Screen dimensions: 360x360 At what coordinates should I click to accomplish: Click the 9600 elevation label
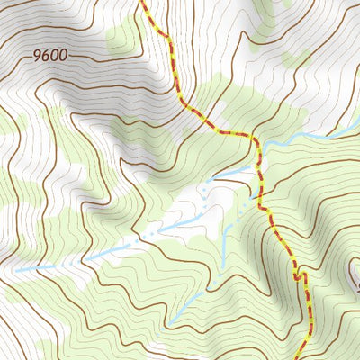50,55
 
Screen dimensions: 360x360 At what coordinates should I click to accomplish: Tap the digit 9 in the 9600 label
38,55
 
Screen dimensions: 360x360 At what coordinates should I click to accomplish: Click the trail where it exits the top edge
142,2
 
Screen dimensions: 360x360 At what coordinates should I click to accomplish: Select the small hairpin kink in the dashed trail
296,274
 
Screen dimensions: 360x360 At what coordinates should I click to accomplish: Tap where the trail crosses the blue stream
260,162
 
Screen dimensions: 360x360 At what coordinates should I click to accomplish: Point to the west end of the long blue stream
16,269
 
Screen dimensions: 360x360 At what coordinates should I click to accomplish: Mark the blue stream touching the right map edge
356,127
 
